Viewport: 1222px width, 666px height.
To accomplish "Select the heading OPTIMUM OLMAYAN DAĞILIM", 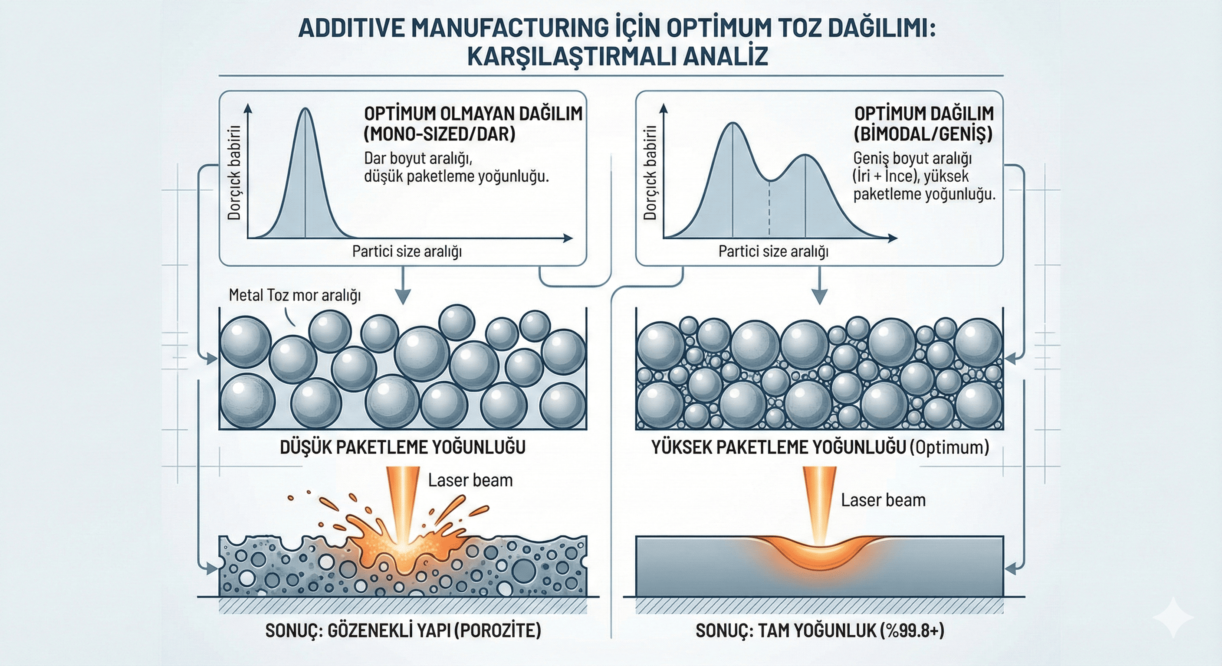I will [x=473, y=114].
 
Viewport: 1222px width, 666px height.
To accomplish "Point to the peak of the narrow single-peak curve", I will [x=305, y=110].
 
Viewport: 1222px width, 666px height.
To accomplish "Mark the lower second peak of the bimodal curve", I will [x=805, y=156].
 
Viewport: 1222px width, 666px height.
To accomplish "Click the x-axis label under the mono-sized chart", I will [x=407, y=251].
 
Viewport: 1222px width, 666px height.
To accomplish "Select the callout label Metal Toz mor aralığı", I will [x=295, y=295].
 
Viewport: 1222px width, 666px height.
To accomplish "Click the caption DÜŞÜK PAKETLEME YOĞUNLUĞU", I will [x=402, y=447].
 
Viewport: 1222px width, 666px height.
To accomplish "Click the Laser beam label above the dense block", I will [x=883, y=500].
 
